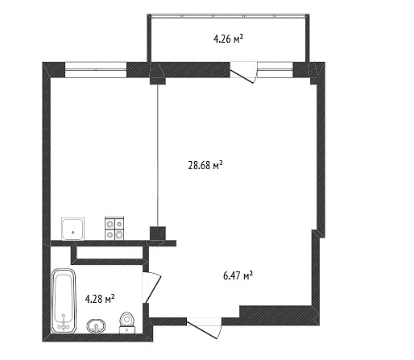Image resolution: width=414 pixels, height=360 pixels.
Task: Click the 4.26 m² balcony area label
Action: pos(229,39)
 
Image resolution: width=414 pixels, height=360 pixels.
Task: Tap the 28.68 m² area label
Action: pos(205,165)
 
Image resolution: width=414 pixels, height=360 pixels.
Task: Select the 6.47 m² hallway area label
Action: pos(238,275)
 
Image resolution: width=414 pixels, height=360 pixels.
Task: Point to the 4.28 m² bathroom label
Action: pos(100,298)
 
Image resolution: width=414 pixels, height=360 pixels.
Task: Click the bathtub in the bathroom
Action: pos(64,300)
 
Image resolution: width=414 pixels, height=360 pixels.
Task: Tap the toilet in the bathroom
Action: pos(127,322)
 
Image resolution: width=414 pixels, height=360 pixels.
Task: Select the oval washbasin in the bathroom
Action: pos(96,326)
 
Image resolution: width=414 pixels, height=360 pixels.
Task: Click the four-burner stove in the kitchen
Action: pos(114,228)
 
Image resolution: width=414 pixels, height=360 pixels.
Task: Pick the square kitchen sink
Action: pos(72,229)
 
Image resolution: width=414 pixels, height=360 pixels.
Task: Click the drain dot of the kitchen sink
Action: pos(72,232)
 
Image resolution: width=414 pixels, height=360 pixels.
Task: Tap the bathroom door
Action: pos(151,288)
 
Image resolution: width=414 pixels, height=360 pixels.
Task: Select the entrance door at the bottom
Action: pos(205,328)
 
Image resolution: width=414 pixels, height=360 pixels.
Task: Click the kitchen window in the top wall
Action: pos(96,69)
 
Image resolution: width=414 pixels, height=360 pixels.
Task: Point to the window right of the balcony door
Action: pos(275,69)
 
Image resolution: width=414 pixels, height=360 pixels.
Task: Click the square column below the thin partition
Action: pos(158,234)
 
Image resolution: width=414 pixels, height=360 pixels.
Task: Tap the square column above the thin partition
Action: pos(158,81)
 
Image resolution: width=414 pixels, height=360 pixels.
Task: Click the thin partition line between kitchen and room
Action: pos(158,155)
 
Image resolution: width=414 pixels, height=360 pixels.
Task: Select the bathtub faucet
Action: pos(64,324)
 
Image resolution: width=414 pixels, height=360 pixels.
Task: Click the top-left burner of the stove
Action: pos(110,223)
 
